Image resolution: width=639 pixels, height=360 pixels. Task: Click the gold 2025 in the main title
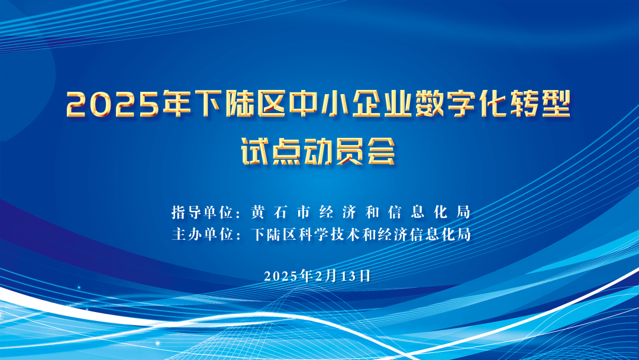point(112,104)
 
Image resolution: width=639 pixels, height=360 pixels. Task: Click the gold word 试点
point(272,151)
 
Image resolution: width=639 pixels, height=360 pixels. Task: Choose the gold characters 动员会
point(350,151)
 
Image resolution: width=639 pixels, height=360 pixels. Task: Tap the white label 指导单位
point(202,213)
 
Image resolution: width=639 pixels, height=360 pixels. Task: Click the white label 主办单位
point(202,234)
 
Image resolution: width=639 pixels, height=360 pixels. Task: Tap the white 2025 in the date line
point(281,276)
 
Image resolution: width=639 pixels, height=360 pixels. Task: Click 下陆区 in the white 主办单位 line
point(274,234)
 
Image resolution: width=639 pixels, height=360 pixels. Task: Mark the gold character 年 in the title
point(177,104)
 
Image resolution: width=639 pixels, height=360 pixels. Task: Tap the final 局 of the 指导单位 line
point(463,213)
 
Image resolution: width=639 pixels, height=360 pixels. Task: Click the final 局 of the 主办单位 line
point(464,234)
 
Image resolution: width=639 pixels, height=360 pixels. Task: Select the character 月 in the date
point(332,276)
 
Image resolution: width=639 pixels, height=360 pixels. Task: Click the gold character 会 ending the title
point(382,151)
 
